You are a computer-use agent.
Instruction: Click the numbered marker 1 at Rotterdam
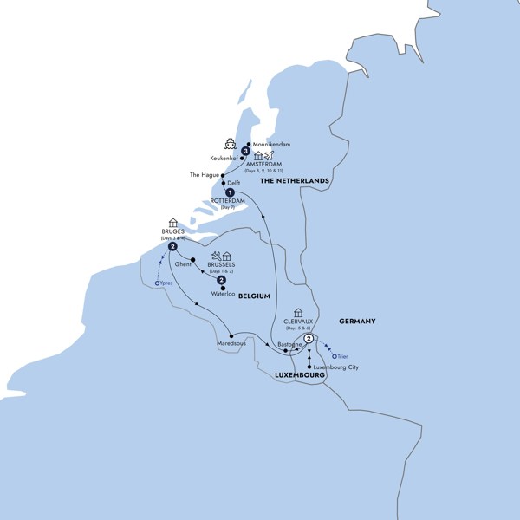coord(230,192)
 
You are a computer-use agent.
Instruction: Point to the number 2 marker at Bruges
coord(173,247)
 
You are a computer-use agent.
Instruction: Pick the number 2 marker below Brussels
coord(222,280)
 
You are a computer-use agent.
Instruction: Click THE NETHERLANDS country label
coord(294,180)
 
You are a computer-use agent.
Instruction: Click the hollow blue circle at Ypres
coord(156,283)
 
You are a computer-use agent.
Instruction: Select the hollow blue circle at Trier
coord(334,354)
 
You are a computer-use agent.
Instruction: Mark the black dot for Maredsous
coord(231,335)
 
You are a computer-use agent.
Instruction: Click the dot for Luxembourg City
coord(309,367)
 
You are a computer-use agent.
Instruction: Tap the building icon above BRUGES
coord(172,222)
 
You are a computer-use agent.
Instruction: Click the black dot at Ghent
coord(192,259)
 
